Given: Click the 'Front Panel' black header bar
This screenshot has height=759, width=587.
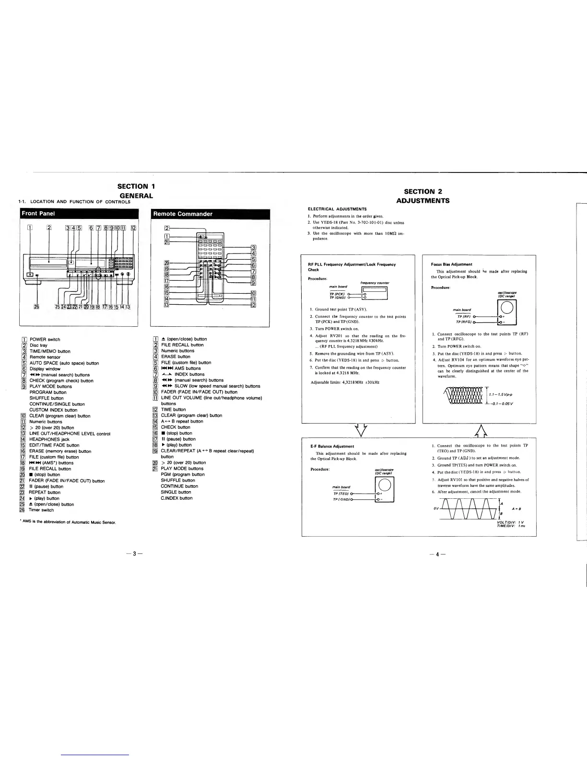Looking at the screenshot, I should (78, 214).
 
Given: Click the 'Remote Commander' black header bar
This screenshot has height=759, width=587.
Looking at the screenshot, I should (210, 214).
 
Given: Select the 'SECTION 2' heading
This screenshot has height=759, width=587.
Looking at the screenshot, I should (423, 192).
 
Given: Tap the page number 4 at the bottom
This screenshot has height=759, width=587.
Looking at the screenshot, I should (438, 554).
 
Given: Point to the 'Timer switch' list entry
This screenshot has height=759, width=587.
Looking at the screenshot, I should (41, 510).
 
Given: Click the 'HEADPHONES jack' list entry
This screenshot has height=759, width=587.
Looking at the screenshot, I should (49, 439).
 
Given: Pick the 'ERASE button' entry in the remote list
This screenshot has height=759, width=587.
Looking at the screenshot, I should (176, 356).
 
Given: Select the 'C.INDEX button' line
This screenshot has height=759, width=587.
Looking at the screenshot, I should (176, 498).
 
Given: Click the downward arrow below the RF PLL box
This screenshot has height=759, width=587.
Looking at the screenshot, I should (360, 429).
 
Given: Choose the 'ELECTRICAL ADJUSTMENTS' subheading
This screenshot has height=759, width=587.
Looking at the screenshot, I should (337, 209).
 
